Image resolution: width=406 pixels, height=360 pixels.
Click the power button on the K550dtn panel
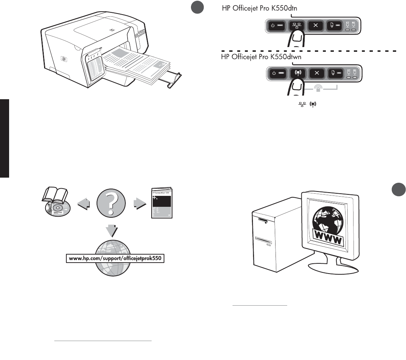277,26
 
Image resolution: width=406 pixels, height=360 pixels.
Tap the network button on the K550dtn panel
296,26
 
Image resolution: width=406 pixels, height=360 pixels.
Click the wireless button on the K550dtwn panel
297,72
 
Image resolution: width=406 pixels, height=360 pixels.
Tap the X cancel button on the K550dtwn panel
317,72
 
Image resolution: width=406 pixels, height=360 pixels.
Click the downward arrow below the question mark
111,231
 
